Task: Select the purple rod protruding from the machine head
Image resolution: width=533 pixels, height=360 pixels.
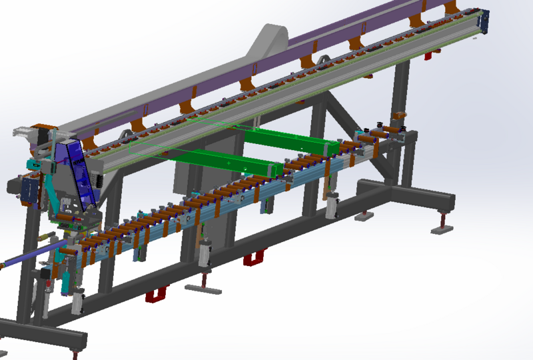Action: coord(27,257)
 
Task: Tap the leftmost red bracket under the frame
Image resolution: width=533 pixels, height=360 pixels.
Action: coord(157,293)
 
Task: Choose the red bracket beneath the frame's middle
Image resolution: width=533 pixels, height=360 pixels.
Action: coord(254,257)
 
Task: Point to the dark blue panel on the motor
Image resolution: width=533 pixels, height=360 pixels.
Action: coord(29,189)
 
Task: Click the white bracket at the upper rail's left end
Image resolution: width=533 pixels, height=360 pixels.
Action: coord(21,131)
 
